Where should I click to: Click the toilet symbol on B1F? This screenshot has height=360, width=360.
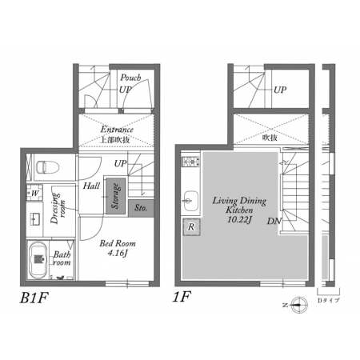(47, 167)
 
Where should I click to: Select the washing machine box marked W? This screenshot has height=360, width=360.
(34, 193)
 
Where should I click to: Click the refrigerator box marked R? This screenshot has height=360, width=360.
(191, 227)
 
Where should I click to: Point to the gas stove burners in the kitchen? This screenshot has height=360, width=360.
(190, 162)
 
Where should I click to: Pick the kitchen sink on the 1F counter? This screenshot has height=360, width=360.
(190, 201)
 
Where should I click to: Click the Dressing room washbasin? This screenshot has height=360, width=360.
(34, 218)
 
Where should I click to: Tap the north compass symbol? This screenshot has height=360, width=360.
(299, 305)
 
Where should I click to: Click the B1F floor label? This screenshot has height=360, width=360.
(34, 298)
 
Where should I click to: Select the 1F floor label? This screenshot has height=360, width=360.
(182, 297)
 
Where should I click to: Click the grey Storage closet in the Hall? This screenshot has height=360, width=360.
(116, 196)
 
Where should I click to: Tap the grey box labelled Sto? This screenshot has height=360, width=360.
(141, 208)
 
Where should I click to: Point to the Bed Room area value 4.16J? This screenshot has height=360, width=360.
(118, 253)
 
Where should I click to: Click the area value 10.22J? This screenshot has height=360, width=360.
(239, 219)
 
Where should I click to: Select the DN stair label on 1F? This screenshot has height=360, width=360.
(274, 221)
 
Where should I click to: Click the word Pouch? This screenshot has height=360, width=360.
(130, 78)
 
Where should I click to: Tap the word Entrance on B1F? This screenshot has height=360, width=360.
(117, 130)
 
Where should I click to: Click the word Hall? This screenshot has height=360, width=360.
(91, 186)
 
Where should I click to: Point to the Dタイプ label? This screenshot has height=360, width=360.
(329, 300)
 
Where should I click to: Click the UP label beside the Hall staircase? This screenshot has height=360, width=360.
(121, 163)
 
